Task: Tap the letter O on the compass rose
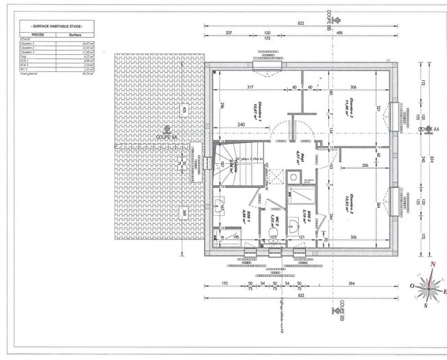[x=412, y=286]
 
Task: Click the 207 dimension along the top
[x=229, y=33]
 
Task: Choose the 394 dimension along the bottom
[x=352, y=283]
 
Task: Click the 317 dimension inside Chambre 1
[x=250, y=87]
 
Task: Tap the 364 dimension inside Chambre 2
[x=378, y=204]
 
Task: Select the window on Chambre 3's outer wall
[x=394, y=112]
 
